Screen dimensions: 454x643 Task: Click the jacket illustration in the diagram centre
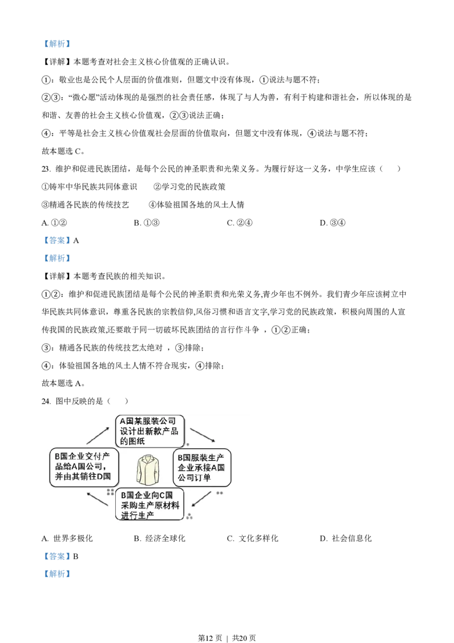click(x=149, y=471)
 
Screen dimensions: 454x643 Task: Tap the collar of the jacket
click(x=149, y=460)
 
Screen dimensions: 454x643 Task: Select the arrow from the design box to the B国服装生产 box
click(x=201, y=435)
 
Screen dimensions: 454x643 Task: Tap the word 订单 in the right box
click(x=203, y=478)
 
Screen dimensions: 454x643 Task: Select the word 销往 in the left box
click(x=87, y=476)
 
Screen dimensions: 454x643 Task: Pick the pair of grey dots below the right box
click(x=219, y=493)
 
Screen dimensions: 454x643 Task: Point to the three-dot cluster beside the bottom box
click(x=190, y=516)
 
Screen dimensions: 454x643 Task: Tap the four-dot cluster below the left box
click(x=111, y=491)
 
